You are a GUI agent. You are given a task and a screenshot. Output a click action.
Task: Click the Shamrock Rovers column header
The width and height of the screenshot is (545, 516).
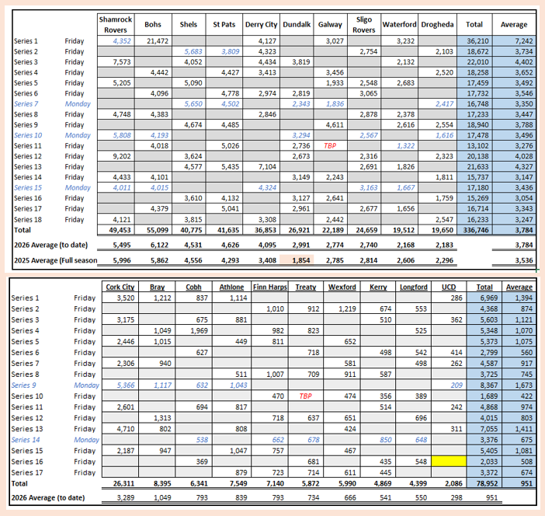[x=116, y=24]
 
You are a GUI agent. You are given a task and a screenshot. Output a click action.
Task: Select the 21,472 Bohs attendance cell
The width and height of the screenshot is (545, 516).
[x=158, y=41]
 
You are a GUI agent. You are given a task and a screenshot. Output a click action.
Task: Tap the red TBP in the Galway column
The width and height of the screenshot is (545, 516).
[x=330, y=146]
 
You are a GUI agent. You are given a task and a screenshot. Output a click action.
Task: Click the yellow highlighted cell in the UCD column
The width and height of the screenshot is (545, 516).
[x=449, y=462]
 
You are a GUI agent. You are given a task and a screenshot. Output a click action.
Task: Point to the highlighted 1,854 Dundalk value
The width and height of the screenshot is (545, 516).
[x=301, y=260]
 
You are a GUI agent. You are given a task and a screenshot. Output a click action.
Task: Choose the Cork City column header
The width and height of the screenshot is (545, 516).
[x=120, y=287]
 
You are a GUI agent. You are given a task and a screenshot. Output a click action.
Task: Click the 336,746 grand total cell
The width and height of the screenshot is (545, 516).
[x=476, y=230]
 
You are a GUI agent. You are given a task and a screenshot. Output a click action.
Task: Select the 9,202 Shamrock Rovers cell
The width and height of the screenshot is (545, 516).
[x=122, y=156]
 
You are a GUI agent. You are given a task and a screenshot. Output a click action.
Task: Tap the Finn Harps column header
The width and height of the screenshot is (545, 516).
[x=269, y=287]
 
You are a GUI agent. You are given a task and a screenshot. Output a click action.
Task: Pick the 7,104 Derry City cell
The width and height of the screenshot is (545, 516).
[x=267, y=166]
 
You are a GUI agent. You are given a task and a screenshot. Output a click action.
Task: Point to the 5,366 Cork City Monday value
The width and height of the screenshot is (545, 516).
[x=126, y=385]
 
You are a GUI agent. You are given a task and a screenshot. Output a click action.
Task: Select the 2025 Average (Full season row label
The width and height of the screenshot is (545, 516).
[x=56, y=260]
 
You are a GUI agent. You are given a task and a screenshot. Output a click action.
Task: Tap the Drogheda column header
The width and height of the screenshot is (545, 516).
[x=437, y=25]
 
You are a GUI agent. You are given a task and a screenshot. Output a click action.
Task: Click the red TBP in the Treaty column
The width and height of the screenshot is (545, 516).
[x=306, y=396]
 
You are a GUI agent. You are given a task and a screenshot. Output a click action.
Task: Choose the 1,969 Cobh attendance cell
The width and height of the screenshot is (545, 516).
[x=199, y=330]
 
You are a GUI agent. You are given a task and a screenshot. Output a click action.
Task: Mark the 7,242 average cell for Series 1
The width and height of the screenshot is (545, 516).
[x=523, y=41]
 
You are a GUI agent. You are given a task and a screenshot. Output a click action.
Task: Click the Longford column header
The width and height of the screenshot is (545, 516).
[x=413, y=287]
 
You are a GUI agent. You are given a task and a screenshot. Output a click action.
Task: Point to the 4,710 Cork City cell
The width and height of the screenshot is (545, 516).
[x=126, y=429]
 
